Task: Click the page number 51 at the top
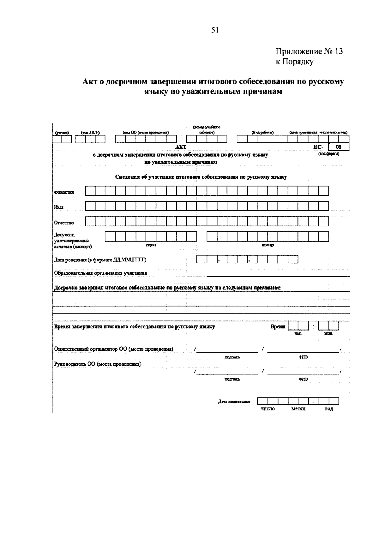215,30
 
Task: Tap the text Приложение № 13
309,52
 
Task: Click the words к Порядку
294,62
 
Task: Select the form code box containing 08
339,147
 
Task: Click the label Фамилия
64,192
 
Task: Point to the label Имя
59,207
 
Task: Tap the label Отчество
64,223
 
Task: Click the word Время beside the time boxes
278,327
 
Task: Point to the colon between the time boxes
313,326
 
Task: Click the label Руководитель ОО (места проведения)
98,364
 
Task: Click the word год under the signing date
329,409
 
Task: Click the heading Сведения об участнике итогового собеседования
201,177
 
